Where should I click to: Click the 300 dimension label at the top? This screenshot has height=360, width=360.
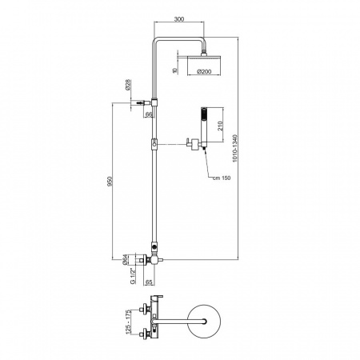point(179,19)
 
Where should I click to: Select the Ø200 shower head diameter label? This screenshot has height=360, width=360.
point(204,71)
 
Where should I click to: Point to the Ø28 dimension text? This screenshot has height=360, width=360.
point(127,85)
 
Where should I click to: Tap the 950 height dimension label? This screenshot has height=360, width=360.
point(110,182)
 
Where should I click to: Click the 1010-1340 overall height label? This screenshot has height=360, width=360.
point(234,149)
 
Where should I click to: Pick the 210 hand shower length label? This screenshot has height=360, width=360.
point(220,126)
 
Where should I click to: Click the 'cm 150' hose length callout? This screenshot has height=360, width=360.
point(222,178)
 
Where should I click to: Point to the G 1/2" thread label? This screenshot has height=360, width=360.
point(133,275)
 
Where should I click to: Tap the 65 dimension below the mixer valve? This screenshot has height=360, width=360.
point(150,282)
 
